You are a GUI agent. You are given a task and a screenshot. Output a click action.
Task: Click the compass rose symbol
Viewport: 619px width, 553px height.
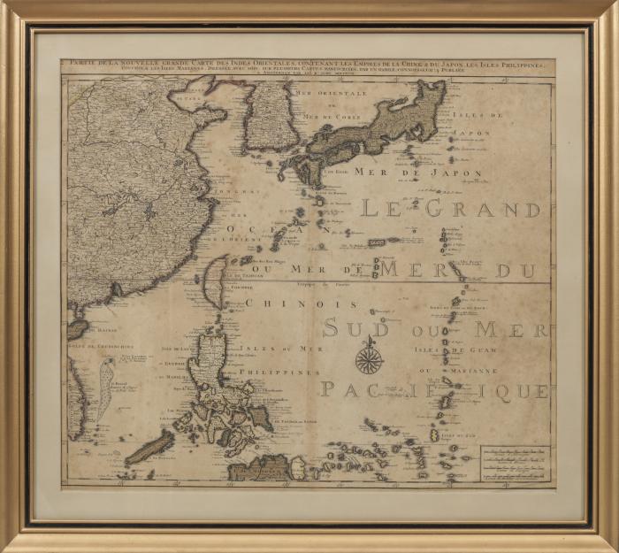click(x=369, y=359)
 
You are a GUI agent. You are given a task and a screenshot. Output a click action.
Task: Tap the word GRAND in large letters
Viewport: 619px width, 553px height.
click(x=482, y=210)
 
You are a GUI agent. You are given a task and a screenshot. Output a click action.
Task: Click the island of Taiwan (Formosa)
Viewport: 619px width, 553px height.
click(x=213, y=282)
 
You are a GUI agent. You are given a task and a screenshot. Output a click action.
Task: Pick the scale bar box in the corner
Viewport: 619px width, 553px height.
click(x=515, y=463)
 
